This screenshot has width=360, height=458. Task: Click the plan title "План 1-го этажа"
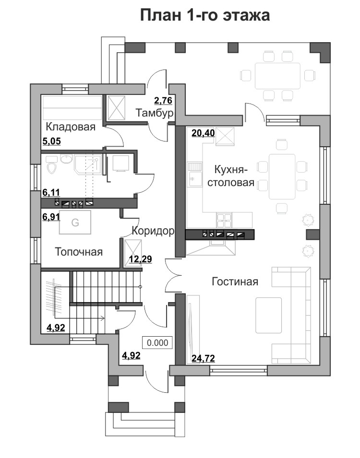click(204, 15)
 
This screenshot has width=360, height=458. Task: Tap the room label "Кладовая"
click(71, 127)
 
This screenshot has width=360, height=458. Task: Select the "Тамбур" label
click(155, 113)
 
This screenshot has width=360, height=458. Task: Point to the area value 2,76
click(163, 101)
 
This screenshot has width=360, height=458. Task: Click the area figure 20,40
click(203, 133)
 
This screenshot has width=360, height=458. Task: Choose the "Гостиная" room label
click(235, 282)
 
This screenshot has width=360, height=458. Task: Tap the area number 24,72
click(203, 358)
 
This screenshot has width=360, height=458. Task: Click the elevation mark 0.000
click(157, 343)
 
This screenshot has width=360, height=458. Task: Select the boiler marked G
click(75, 222)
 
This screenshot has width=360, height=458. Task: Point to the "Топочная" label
click(79, 252)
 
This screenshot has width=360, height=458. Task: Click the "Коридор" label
click(153, 231)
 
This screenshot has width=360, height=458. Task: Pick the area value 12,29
click(140, 259)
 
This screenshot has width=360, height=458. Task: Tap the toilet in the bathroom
click(52, 165)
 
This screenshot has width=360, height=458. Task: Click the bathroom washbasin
click(67, 159)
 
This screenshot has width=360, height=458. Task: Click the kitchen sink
click(195, 175)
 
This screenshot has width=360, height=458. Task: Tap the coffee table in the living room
click(268, 315)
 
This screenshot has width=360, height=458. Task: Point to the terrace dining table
click(277, 76)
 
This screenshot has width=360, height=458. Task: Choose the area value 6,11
click(51, 192)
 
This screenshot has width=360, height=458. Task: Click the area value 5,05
click(51, 141)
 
